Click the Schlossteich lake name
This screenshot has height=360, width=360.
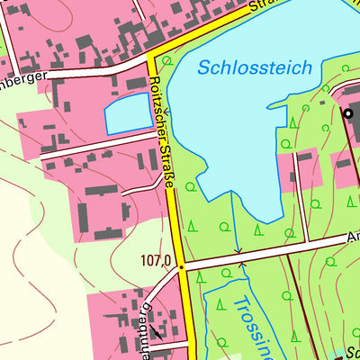pyautogui.click(x=255, y=67)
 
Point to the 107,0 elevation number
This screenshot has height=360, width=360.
pyautogui.click(x=156, y=261)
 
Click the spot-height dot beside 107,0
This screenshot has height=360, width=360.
pyautogui.click(x=181, y=267)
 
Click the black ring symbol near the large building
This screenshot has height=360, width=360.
pyautogui.click(x=349, y=112)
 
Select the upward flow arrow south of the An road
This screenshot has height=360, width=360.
pyautogui.click(x=241, y=266)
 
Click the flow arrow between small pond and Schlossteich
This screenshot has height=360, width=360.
pyautogui.click(x=166, y=113)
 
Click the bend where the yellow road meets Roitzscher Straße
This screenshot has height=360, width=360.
pyautogui.click(x=153, y=58)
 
